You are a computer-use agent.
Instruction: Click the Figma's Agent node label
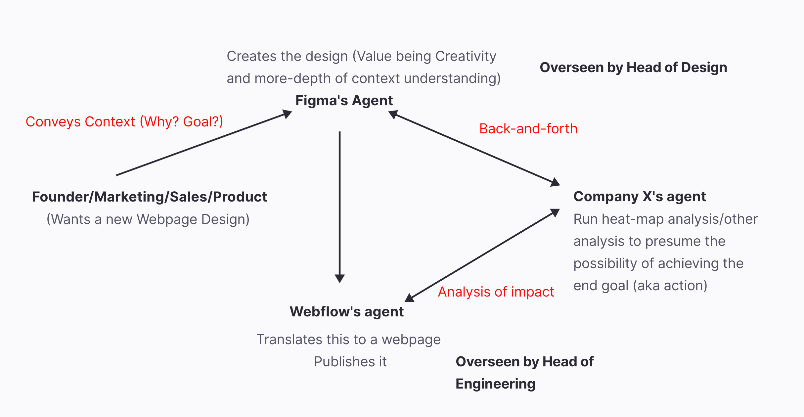click(x=344, y=101)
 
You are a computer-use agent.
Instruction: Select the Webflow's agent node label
click(x=346, y=312)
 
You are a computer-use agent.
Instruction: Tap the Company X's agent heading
click(x=640, y=197)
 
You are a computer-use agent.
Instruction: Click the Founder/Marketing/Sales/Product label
click(x=149, y=197)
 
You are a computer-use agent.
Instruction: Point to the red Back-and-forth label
click(x=528, y=129)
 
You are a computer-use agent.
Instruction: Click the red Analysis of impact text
click(x=496, y=292)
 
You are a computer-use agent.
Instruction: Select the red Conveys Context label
click(x=124, y=122)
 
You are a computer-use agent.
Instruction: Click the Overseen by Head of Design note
click(x=633, y=68)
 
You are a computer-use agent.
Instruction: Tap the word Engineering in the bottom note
click(x=495, y=384)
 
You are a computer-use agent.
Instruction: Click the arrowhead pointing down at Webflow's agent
click(x=339, y=278)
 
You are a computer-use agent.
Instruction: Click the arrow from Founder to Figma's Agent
click(x=202, y=144)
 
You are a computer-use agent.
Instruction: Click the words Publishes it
click(x=350, y=362)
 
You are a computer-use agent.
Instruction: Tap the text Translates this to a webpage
click(x=348, y=340)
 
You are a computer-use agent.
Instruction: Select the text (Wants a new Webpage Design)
click(x=148, y=219)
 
